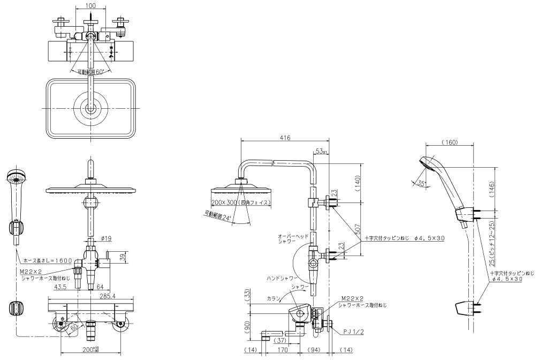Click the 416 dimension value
click(x=285, y=138)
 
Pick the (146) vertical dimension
click(x=491, y=186)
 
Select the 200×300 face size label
click(x=240, y=202)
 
